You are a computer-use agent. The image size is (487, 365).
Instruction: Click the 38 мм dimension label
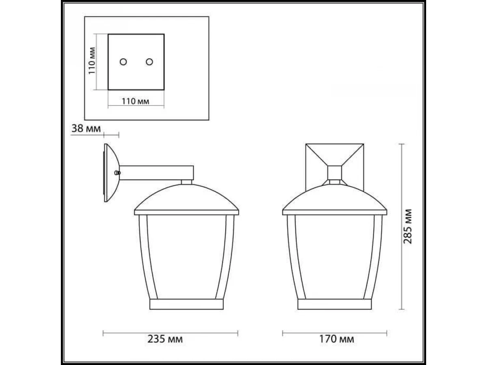[86, 129]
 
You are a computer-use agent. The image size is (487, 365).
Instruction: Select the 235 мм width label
[165, 339]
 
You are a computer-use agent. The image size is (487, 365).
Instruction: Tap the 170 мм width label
[336, 339]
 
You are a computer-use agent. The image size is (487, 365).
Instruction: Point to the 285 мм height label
[407, 226]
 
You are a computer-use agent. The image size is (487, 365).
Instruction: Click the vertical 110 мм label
[92, 61]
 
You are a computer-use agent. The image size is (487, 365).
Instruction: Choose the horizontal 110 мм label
[135, 101]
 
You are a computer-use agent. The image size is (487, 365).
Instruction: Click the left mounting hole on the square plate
[123, 62]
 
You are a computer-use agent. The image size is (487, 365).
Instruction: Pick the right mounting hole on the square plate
[149, 62]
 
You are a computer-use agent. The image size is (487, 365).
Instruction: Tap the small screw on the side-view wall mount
[117, 173]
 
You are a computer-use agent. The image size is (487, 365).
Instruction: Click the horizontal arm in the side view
[156, 173]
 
